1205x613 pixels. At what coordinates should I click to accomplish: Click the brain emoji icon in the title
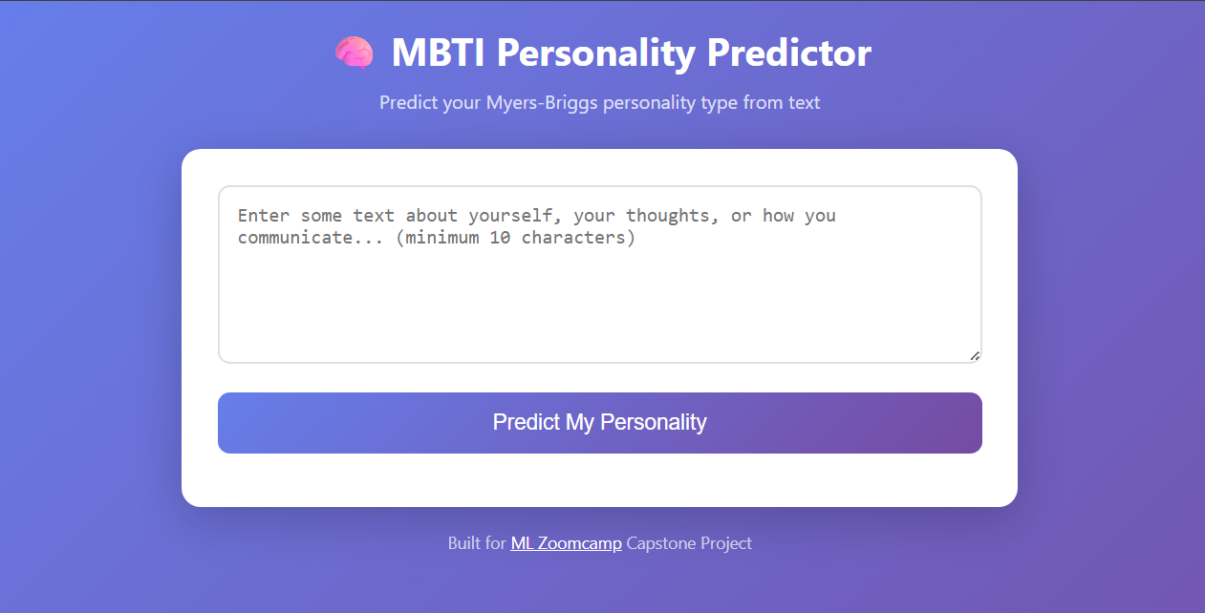point(354,53)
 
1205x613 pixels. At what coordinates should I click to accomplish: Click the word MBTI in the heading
point(439,53)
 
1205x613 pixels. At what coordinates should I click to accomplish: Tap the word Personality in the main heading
point(596,53)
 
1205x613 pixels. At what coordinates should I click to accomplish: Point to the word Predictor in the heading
point(788,53)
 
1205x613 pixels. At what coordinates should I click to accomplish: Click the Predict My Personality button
point(599,422)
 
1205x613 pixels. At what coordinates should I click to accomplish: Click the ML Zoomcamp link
point(566,543)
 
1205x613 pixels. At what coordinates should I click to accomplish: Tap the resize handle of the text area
point(975,356)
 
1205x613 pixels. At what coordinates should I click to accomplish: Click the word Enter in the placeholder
point(264,216)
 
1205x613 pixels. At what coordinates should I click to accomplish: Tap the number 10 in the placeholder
point(500,238)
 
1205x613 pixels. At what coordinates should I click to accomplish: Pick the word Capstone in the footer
point(659,543)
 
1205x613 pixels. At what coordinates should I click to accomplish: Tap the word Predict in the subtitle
point(408,102)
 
